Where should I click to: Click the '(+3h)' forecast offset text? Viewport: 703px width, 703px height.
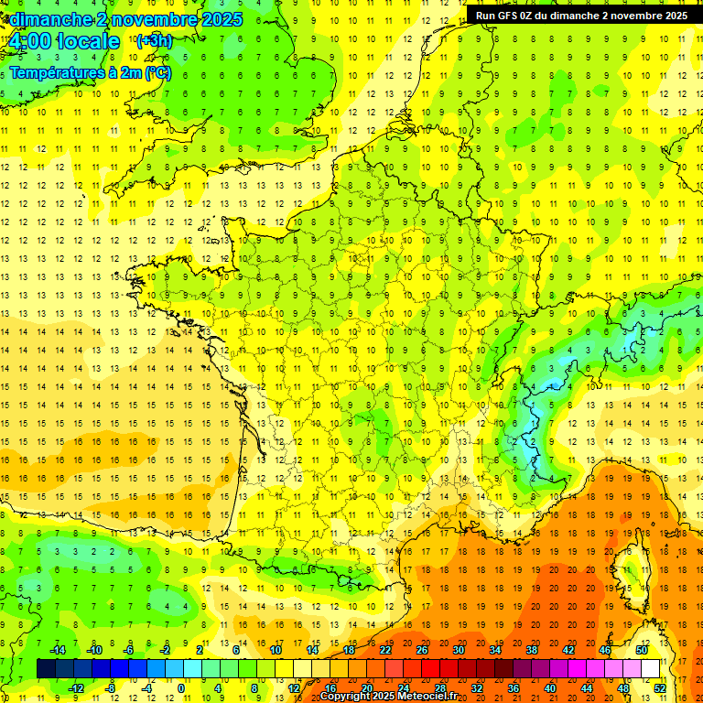[x=154, y=40]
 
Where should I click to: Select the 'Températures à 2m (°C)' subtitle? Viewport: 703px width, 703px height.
[x=91, y=72]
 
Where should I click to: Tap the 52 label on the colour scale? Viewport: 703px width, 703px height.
[x=660, y=687]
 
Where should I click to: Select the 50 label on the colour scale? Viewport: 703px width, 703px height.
[x=642, y=650]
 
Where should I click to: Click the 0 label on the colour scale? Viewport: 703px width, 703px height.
[x=182, y=687]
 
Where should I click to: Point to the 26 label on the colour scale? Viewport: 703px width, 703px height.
[x=422, y=650]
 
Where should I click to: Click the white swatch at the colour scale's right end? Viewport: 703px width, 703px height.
[x=651, y=668]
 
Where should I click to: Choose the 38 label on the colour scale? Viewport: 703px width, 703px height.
[x=532, y=650]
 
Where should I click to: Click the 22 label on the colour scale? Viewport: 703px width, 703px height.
[x=385, y=650]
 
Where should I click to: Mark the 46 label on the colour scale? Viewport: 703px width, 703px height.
[x=605, y=650]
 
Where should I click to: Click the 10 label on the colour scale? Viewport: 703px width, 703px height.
[x=276, y=650]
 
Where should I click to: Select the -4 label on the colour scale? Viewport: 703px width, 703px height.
[x=146, y=687]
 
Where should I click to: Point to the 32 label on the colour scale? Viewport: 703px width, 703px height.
[x=477, y=687]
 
